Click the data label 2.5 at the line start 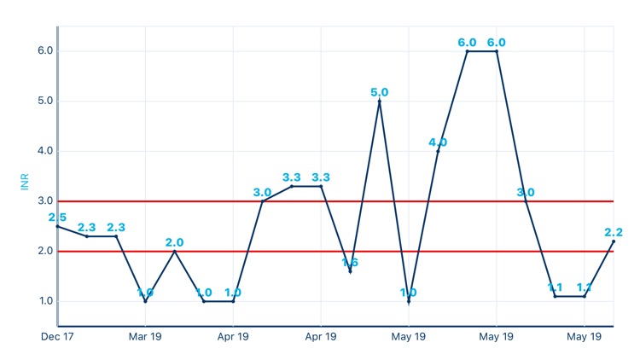[58, 218]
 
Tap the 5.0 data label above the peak [380, 92]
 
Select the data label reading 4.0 [438, 142]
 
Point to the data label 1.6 [350, 262]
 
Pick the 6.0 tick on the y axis [45, 50]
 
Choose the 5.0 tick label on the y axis [45, 101]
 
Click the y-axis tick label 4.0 [45, 151]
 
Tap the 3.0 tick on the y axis [45, 201]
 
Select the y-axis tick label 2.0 [45, 252]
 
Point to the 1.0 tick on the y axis [45, 301]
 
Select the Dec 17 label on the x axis [57, 337]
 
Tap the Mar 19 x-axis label [145, 337]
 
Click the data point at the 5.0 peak [380, 101]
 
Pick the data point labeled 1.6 [350, 271]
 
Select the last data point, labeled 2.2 [614, 241]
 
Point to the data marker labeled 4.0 [438, 151]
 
